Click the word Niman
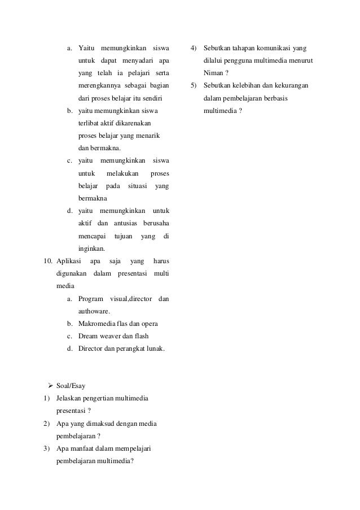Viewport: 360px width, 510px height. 212,73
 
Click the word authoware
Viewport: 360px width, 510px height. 94,311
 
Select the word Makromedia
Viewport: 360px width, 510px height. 98,324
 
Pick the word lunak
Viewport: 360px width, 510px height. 154,348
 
